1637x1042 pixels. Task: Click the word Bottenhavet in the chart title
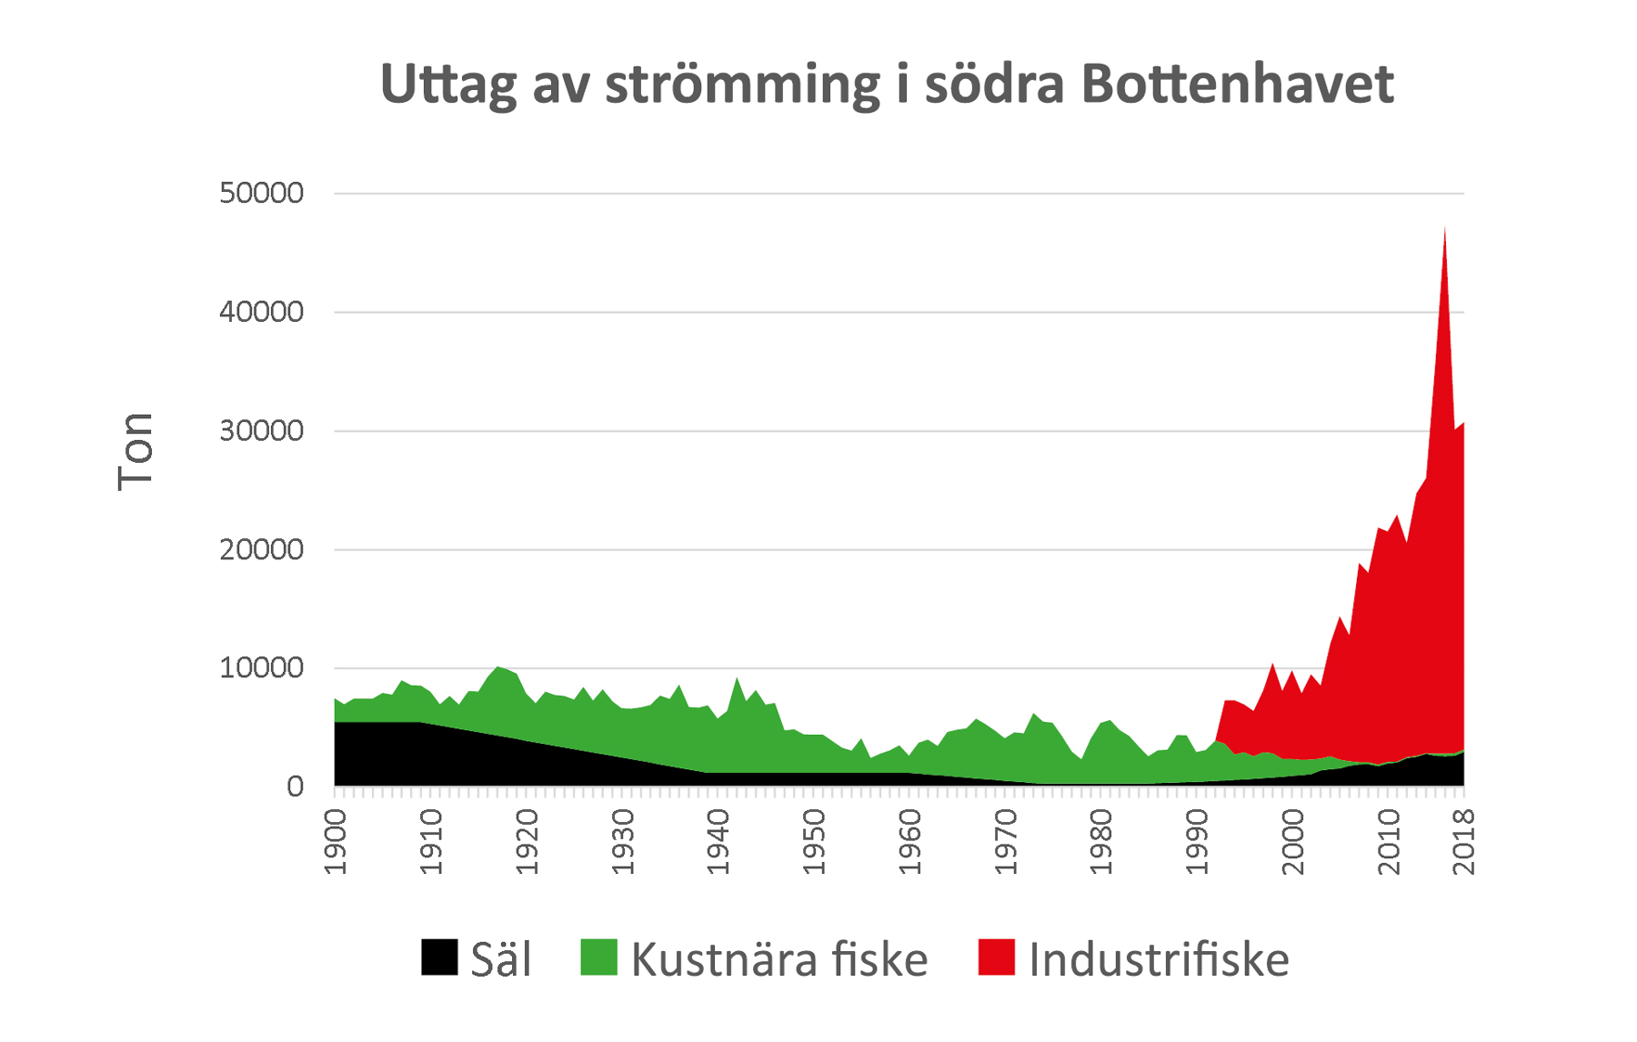[x=1237, y=84]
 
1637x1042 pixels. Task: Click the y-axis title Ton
[x=136, y=452]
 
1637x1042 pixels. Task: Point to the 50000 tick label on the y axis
[x=262, y=193]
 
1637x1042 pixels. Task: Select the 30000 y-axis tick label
[x=262, y=431]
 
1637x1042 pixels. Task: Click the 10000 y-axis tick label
[x=262, y=668]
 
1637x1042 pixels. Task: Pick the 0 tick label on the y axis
[x=295, y=787]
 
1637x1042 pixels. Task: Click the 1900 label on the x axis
[x=336, y=842]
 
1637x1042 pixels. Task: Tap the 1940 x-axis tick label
[x=718, y=842]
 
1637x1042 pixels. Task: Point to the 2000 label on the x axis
[x=1292, y=842]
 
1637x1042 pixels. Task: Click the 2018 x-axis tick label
[x=1464, y=842]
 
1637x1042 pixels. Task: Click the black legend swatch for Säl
[x=439, y=958]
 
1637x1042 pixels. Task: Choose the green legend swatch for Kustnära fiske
[x=598, y=958]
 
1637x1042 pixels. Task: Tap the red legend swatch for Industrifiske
[x=996, y=958]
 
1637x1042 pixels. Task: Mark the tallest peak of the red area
[x=1444, y=229]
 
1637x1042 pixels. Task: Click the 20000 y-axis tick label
[x=262, y=549]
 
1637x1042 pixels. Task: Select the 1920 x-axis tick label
[x=527, y=842]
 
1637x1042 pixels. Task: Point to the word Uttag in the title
[x=447, y=85]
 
